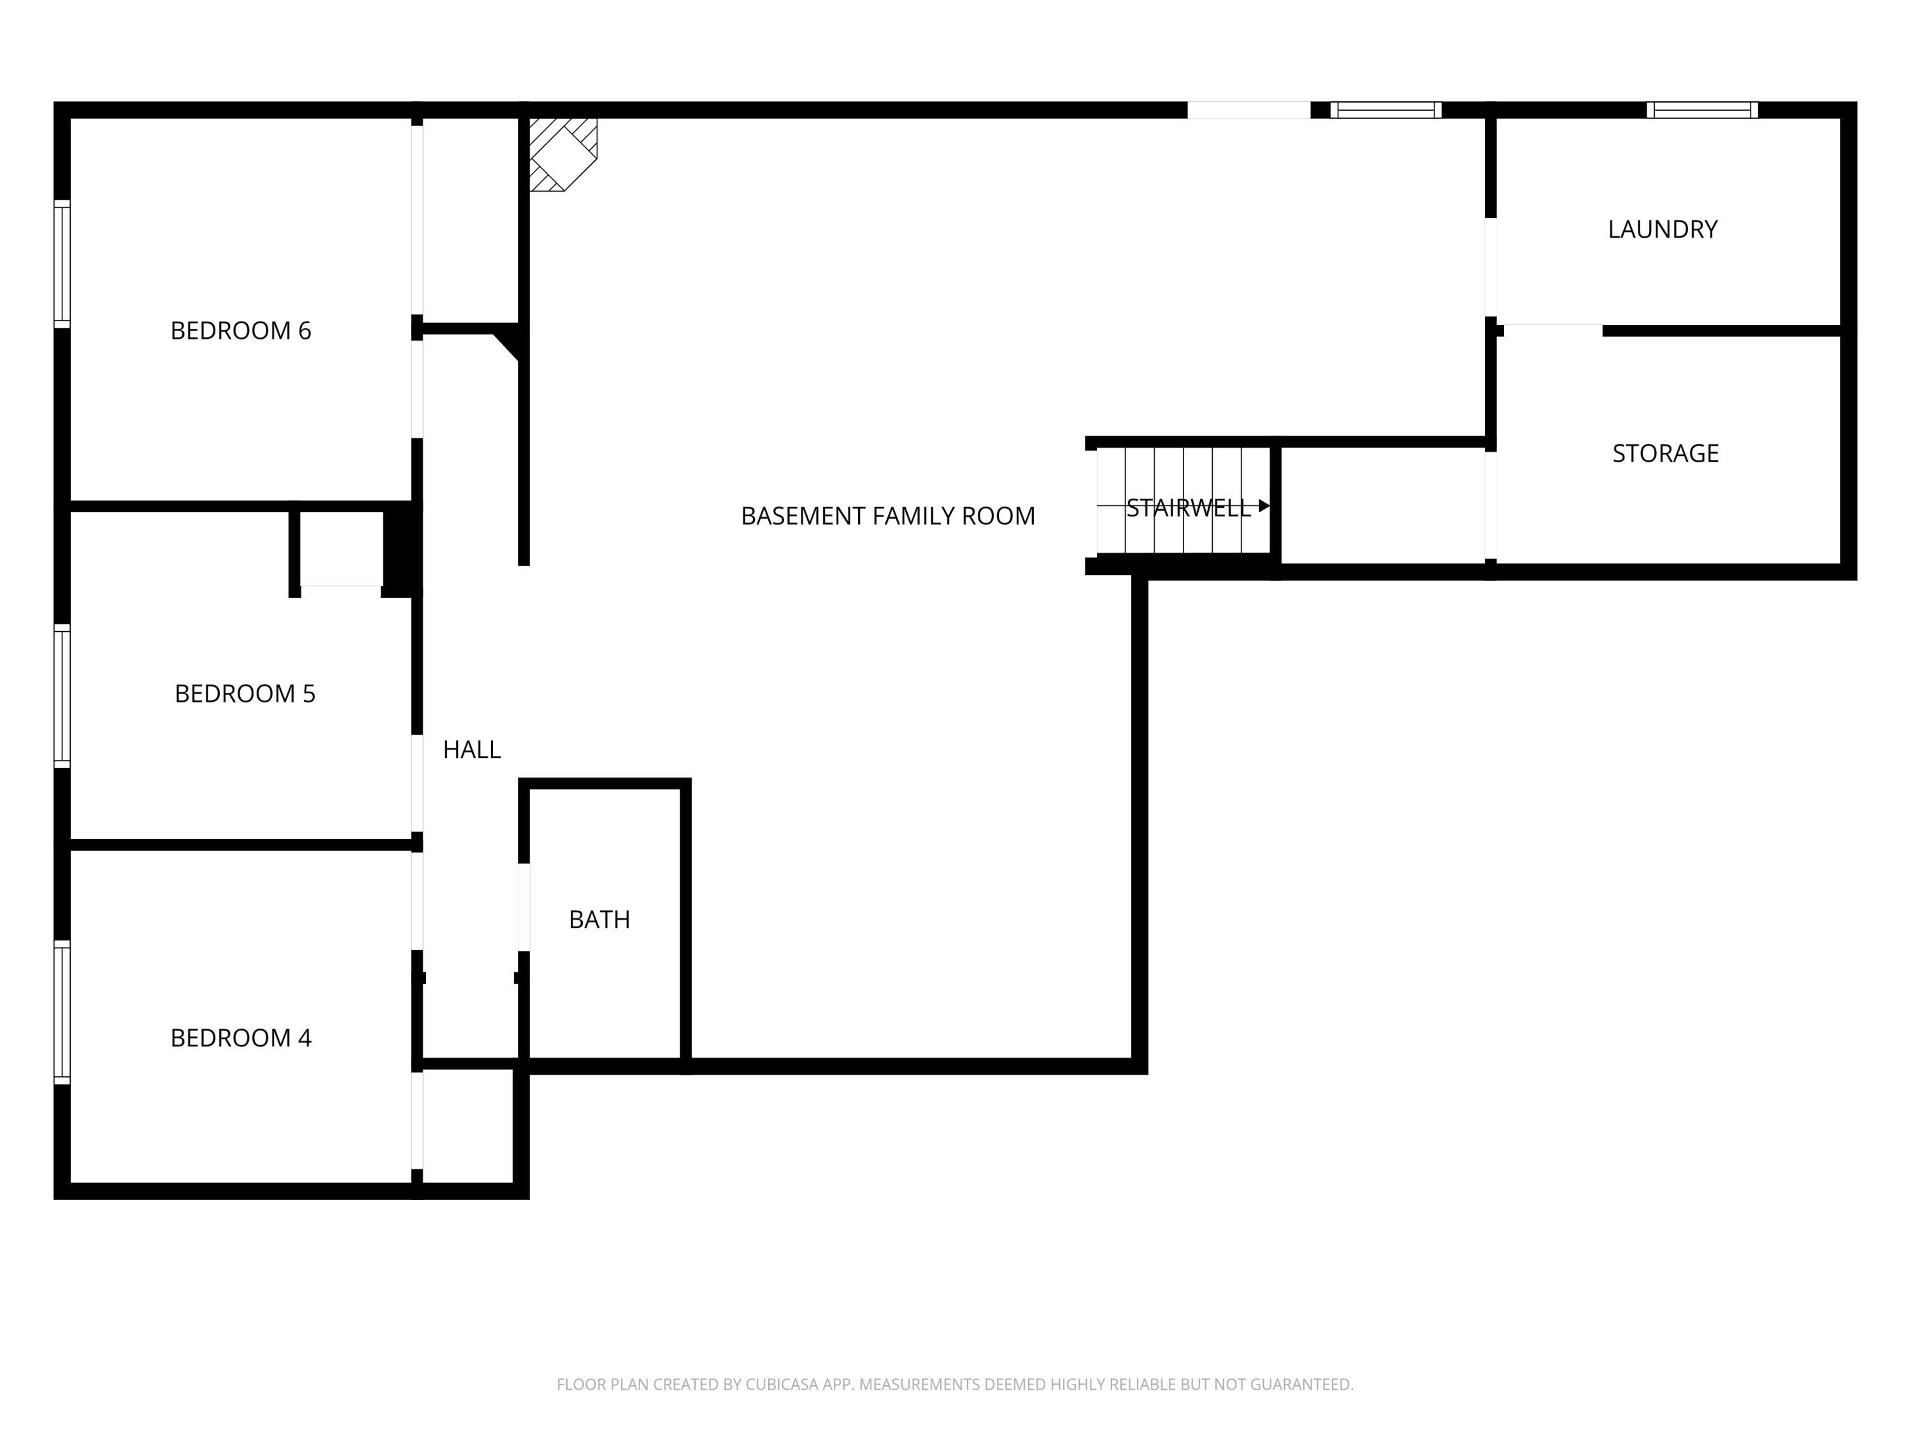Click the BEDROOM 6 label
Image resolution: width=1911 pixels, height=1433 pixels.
(240, 331)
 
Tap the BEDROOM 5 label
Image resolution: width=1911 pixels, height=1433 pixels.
(245, 694)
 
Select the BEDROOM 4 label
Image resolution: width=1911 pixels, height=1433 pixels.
(240, 1037)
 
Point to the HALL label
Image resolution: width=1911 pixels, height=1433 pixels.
(472, 750)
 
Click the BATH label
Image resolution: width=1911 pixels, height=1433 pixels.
(599, 920)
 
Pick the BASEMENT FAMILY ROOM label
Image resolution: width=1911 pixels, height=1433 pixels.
(887, 517)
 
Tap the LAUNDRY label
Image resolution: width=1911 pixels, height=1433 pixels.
(1662, 230)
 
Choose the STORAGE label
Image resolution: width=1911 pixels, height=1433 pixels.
(1664, 453)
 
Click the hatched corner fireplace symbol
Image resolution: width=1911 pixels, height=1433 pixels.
(562, 153)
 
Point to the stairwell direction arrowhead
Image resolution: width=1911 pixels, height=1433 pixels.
(1264, 506)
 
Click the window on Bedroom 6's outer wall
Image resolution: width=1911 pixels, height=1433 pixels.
(62, 264)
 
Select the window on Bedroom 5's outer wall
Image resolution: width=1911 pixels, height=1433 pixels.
(62, 695)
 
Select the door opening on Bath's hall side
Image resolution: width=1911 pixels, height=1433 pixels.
(524, 907)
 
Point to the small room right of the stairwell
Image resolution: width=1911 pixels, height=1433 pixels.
(1382, 505)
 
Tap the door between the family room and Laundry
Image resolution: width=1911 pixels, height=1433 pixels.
(1491, 267)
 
